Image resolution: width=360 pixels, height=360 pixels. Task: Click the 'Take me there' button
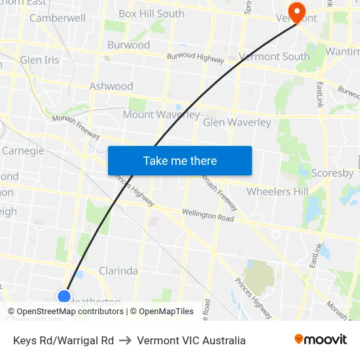click(x=180, y=160)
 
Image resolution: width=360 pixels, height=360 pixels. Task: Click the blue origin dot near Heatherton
click(x=64, y=297)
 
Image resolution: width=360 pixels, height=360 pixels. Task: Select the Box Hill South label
click(x=151, y=13)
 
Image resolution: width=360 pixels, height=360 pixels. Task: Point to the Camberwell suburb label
click(x=58, y=18)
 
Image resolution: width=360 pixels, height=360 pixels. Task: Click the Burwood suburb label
click(x=128, y=45)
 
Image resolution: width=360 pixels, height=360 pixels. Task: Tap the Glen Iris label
click(x=39, y=60)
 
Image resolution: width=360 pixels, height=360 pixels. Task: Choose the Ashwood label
click(x=111, y=86)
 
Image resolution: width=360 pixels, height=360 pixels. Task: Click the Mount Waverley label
click(x=161, y=115)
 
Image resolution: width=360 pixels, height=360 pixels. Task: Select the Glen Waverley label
click(x=237, y=122)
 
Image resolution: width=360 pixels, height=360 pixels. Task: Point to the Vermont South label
click(x=274, y=57)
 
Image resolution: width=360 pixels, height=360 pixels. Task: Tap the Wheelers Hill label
click(x=277, y=191)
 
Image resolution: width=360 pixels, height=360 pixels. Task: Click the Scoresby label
click(x=332, y=173)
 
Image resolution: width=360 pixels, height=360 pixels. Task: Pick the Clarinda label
click(x=118, y=270)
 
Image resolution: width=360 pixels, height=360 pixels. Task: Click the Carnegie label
click(x=23, y=151)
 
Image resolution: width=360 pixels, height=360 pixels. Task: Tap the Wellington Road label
click(x=207, y=215)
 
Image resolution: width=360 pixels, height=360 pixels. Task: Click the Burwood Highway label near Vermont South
click(x=195, y=58)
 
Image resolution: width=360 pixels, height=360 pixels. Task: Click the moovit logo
click(x=320, y=340)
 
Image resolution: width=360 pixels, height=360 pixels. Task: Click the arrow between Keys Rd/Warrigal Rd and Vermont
click(x=125, y=340)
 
